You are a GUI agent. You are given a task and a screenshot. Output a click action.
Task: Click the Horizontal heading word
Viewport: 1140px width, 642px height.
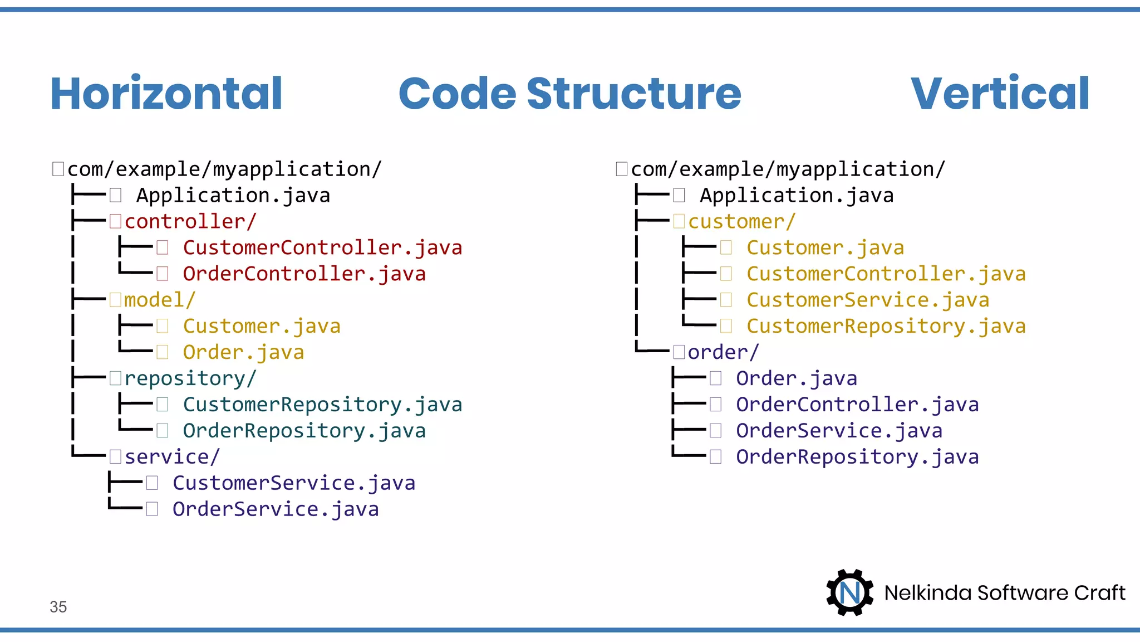click(x=166, y=94)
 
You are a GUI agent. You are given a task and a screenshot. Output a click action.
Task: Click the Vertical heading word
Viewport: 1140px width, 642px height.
click(x=1000, y=94)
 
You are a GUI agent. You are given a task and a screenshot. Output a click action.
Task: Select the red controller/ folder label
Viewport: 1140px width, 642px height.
click(x=189, y=222)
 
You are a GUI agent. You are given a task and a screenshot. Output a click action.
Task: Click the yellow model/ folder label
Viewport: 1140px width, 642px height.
click(x=159, y=300)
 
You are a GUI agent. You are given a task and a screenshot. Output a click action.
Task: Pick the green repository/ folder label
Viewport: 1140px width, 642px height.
click(x=189, y=379)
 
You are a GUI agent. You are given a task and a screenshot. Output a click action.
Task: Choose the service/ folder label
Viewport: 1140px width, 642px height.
click(x=171, y=457)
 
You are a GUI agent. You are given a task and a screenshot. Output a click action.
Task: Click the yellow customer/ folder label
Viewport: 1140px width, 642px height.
click(x=741, y=222)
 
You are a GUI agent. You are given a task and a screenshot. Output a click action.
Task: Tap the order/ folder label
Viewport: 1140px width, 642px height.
click(x=723, y=352)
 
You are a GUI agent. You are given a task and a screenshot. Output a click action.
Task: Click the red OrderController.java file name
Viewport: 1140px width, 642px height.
click(x=304, y=274)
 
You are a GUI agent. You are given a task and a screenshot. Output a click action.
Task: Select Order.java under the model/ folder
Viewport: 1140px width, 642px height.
click(x=243, y=353)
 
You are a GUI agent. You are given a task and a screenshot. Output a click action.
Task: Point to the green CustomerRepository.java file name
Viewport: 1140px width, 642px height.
click(x=322, y=405)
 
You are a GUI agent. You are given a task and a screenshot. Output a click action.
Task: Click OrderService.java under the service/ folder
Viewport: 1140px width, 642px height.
click(x=276, y=509)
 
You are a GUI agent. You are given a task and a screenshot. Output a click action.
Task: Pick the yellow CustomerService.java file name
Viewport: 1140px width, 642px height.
click(x=868, y=300)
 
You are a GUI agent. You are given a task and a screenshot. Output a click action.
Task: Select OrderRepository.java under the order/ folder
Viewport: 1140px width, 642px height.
click(x=857, y=457)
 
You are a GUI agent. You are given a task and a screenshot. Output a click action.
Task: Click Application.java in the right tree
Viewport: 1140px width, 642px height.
click(x=797, y=196)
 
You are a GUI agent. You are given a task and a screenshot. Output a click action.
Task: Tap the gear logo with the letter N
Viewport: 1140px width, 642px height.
click(x=849, y=592)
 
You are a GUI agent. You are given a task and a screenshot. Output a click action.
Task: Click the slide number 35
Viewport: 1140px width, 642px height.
click(x=58, y=607)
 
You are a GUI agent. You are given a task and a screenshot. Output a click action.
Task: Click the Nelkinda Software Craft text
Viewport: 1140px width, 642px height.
click(x=1005, y=593)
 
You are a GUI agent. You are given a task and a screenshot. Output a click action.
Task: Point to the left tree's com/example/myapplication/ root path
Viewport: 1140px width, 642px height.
click(x=224, y=169)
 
